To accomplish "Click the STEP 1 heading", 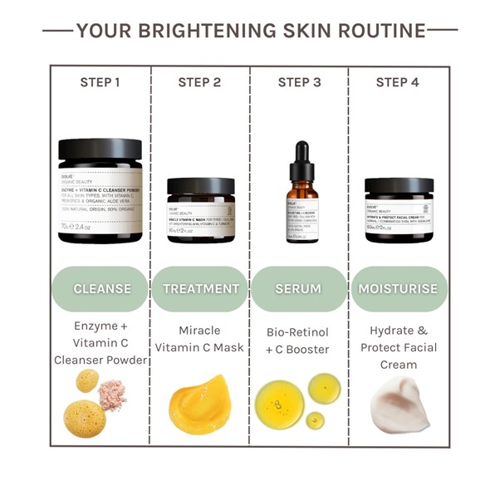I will click(x=100, y=82).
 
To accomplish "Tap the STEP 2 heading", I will click(x=199, y=82).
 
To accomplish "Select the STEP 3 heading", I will click(x=299, y=82).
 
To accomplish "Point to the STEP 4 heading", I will click(x=398, y=82).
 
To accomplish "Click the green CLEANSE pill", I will click(x=101, y=289).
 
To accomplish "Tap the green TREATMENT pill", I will click(x=200, y=289).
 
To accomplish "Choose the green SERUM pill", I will click(x=299, y=289).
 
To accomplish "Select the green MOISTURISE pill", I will click(x=399, y=289).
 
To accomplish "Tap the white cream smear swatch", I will click(x=400, y=404).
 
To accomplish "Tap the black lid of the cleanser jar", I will click(x=100, y=150).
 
